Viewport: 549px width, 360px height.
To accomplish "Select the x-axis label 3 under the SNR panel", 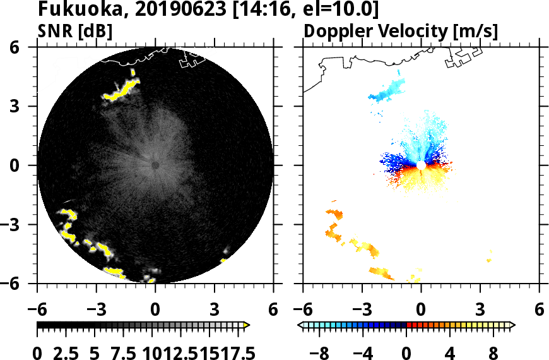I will pyautogui.click(x=215, y=310).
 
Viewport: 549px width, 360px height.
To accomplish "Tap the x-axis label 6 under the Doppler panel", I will pyautogui.click(x=540, y=310).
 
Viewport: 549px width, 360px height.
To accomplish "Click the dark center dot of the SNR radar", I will pyautogui.click(x=155, y=165).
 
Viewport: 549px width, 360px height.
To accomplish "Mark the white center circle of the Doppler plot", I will pyautogui.click(x=421, y=165).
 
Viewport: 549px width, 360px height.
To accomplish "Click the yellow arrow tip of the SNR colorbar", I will pyautogui.click(x=247, y=325).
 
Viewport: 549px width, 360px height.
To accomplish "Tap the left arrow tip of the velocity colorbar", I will pyautogui.click(x=300, y=325).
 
